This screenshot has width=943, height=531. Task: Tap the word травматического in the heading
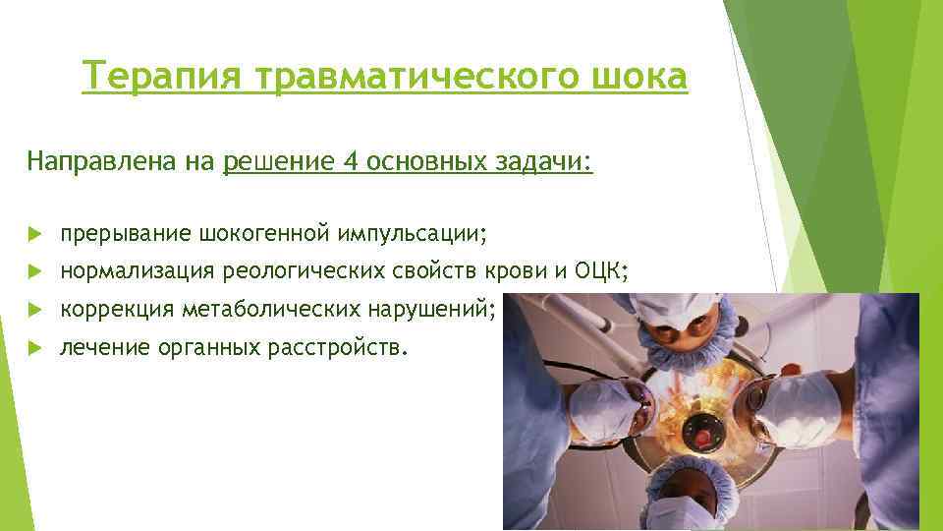click(413, 76)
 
